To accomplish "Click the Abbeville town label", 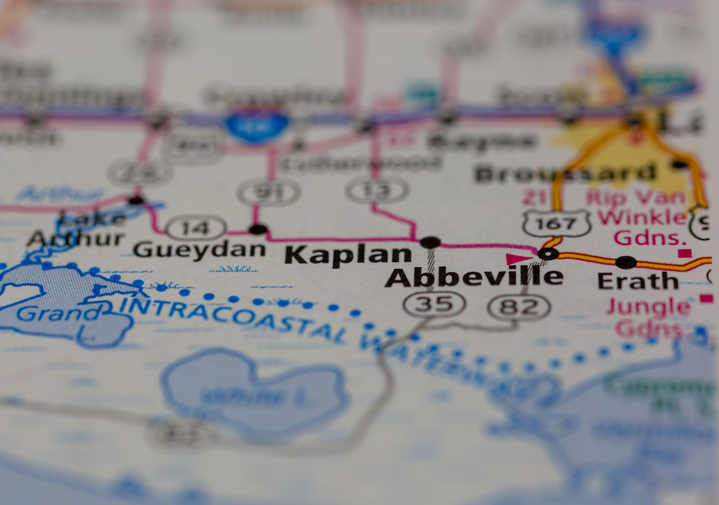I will pos(473,277).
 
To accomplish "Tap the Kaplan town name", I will pos(347,254).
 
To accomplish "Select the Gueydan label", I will pos(199,249).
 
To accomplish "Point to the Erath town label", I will pos(638,280).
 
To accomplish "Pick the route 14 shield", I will pos(196,227).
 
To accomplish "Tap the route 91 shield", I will pos(269,192).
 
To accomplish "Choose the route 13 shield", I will pos(377,190).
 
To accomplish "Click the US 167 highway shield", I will pos(557,223).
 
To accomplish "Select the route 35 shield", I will pos(434,304).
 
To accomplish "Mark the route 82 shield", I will pos(519,307).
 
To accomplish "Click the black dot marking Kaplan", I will pos(430,242).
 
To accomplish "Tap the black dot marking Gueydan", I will pos(257,229).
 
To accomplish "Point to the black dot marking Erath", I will pos(626,261).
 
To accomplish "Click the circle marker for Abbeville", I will pos(547,254).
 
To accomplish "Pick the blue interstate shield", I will pos(257,124).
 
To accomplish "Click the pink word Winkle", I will pos(642,218).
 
